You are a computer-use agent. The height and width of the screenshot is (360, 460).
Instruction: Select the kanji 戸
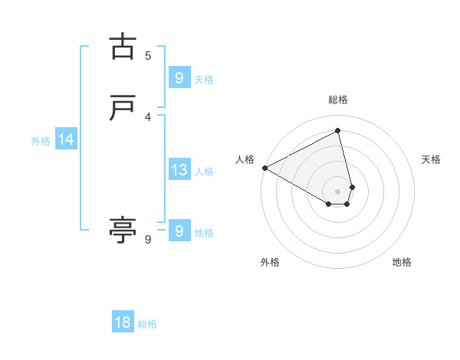[123, 109]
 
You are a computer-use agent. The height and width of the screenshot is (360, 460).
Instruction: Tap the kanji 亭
[123, 230]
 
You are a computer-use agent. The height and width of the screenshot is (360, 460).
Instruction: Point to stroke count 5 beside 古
[148, 55]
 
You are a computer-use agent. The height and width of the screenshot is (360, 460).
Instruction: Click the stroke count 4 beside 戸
[148, 116]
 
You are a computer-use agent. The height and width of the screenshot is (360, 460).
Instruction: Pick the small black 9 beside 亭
[148, 240]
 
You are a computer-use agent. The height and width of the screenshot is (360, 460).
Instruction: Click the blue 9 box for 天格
[179, 77]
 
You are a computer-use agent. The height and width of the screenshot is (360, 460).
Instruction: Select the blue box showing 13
[179, 170]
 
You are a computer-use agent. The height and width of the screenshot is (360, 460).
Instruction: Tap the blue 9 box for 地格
[179, 231]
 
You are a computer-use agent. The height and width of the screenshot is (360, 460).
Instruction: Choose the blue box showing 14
[65, 139]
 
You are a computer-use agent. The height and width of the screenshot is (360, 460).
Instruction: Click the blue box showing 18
[123, 322]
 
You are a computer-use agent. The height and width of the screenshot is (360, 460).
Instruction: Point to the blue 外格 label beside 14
[41, 141]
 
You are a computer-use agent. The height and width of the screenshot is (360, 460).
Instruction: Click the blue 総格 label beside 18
[147, 324]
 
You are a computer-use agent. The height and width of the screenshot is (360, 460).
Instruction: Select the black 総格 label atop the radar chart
[338, 100]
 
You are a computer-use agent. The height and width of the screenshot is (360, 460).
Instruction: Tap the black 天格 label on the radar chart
[432, 159]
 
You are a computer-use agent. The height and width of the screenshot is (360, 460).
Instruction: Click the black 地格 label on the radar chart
[402, 262]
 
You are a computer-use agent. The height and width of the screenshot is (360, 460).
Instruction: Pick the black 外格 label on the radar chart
[270, 262]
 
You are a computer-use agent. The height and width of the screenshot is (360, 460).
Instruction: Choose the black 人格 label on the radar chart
[245, 159]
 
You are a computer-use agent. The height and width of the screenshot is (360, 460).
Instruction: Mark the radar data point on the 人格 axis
[264, 168]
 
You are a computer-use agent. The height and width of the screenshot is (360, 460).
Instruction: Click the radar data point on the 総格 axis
[338, 131]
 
